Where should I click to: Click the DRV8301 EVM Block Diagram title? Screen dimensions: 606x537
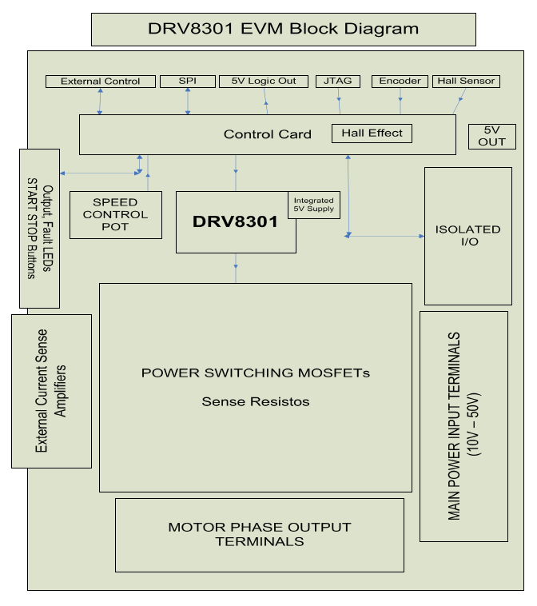(x=284, y=30)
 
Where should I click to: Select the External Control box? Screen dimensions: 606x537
(x=100, y=81)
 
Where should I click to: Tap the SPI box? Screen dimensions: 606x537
(x=187, y=81)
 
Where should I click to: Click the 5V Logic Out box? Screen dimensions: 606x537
(x=263, y=81)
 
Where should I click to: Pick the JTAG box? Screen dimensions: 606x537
(x=338, y=81)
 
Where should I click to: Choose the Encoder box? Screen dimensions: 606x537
(x=400, y=81)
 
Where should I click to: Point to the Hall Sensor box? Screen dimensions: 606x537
(x=467, y=81)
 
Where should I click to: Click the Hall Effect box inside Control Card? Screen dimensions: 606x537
(x=372, y=133)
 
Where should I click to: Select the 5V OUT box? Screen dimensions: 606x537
(x=492, y=136)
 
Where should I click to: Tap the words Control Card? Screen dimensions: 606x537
(x=267, y=134)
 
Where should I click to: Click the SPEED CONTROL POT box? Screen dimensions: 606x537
(x=115, y=214)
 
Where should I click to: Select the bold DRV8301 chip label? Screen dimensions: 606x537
(x=235, y=222)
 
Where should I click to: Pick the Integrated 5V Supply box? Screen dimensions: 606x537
(x=313, y=205)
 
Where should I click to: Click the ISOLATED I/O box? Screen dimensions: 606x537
(x=467, y=235)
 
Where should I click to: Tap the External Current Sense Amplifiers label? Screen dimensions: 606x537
(x=51, y=391)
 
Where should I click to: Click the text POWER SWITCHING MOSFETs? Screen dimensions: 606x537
(x=256, y=373)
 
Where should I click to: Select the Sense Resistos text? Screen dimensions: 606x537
(x=255, y=401)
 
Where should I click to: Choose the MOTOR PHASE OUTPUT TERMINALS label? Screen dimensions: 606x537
(x=259, y=534)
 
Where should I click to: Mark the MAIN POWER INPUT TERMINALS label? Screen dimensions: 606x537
(x=463, y=425)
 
